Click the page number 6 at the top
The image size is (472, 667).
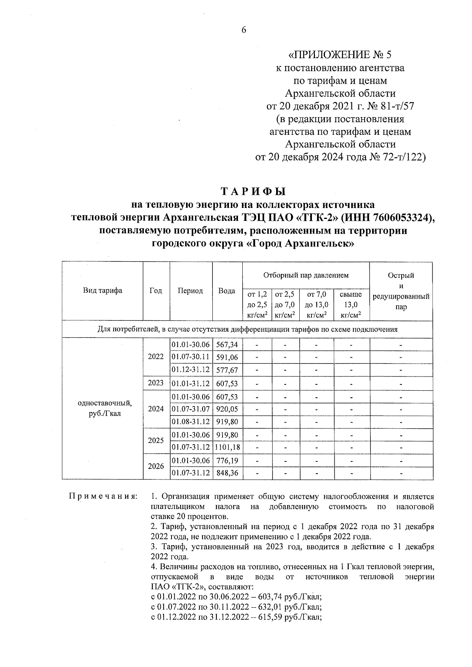(x=243, y=30)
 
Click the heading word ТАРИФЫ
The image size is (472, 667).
(x=253, y=192)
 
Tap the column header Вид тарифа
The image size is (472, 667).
(x=102, y=291)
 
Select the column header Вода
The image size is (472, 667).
(x=227, y=291)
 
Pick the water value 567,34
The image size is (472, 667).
(x=227, y=345)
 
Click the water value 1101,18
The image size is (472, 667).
(x=227, y=447)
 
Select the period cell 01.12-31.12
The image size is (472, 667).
(x=191, y=370)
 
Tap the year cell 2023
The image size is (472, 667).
(x=156, y=383)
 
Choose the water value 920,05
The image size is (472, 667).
(x=227, y=409)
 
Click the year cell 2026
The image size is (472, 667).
(x=156, y=466)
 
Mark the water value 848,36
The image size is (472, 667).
(x=227, y=473)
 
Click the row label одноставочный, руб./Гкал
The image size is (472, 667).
(x=102, y=409)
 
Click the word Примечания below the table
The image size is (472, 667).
(x=103, y=496)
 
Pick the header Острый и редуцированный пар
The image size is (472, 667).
(x=401, y=291)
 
